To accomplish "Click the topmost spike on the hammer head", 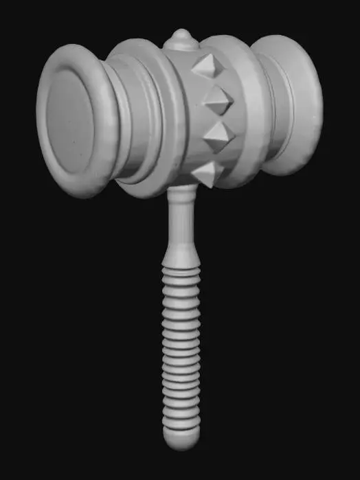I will click(205, 67).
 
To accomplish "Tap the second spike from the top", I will click(218, 101).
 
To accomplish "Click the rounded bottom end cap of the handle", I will click(181, 437).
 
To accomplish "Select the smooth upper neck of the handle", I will click(181, 220).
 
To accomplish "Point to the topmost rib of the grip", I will click(181, 273).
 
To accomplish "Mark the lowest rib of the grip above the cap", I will click(181, 421).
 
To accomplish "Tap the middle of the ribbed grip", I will click(181, 347).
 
